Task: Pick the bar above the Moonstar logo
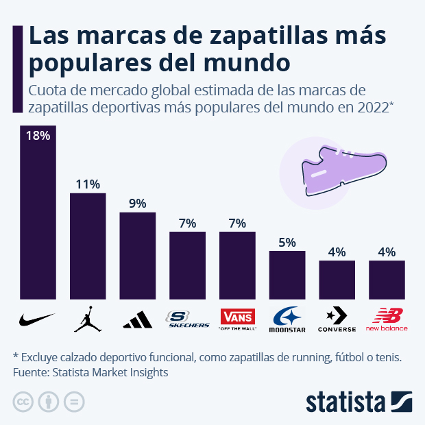pos(287,276)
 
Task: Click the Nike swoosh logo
pos(38,319)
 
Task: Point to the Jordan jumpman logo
pos(88,319)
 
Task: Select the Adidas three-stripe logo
pos(138,319)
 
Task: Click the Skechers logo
pos(188,319)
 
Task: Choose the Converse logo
pos(337,320)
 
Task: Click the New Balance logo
pos(387,319)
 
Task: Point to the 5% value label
pos(287,242)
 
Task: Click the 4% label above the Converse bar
pos(337,252)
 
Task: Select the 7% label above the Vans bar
pos(237,223)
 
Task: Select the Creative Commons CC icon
pos(23,401)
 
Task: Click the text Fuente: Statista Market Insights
pos(90,372)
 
